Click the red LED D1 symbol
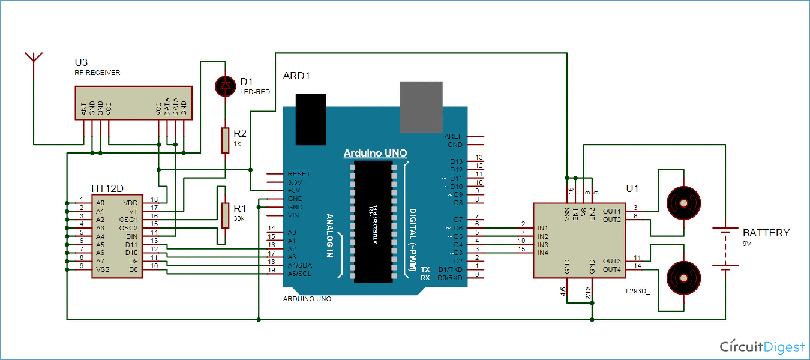(226, 86)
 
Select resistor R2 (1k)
(225, 140)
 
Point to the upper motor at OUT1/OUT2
(683, 203)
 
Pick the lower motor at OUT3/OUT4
(683, 277)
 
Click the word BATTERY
(766, 233)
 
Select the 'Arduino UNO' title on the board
(375, 154)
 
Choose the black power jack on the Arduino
(311, 119)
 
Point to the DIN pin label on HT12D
(131, 236)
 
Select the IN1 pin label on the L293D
(543, 228)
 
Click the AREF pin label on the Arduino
(454, 136)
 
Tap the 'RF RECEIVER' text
(97, 73)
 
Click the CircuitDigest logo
(762, 347)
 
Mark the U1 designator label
(632, 188)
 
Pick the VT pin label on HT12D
(133, 211)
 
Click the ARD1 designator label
(296, 76)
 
